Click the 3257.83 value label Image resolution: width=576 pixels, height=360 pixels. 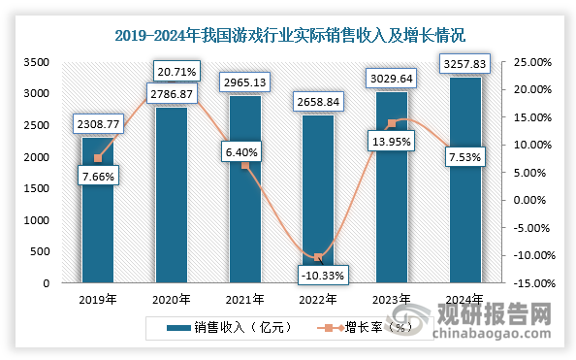[466, 65]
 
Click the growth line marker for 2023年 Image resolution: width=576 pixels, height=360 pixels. [392, 123]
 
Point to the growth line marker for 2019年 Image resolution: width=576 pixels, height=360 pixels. [98, 158]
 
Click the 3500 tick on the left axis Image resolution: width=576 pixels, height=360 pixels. [36, 61]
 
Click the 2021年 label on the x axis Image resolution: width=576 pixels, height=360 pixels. [245, 300]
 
